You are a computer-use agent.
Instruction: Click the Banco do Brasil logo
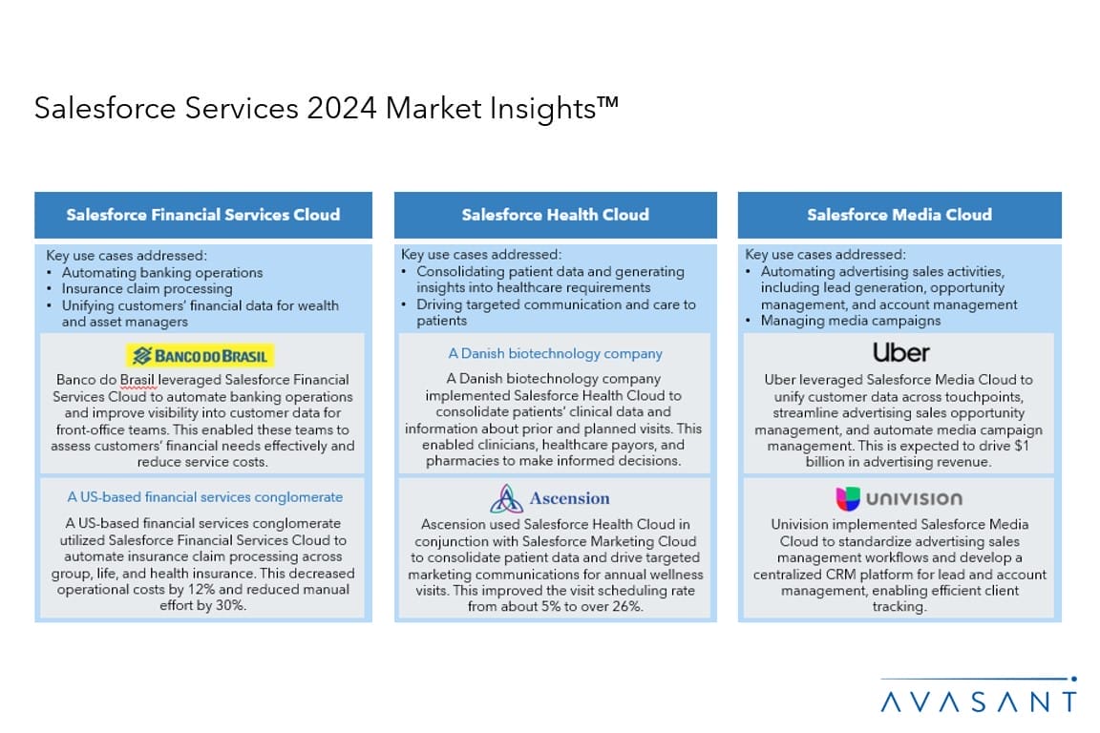click(200, 356)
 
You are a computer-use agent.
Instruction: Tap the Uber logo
click(900, 352)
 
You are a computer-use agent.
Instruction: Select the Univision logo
click(899, 499)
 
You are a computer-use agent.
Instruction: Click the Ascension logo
click(550, 499)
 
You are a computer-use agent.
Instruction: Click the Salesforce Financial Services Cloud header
click(203, 215)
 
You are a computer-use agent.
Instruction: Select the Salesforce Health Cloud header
click(556, 215)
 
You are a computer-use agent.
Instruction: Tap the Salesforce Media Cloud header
click(899, 215)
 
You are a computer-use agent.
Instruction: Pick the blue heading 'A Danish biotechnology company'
click(555, 353)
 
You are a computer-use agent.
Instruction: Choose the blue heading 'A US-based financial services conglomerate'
click(205, 497)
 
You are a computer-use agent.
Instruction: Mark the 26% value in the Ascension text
click(627, 606)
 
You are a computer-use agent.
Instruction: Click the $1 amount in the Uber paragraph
click(1022, 446)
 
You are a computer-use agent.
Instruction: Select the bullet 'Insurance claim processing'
click(147, 289)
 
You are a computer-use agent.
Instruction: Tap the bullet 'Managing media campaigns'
click(851, 322)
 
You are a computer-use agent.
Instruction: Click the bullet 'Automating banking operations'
click(162, 273)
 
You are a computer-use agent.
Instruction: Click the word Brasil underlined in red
click(137, 380)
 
